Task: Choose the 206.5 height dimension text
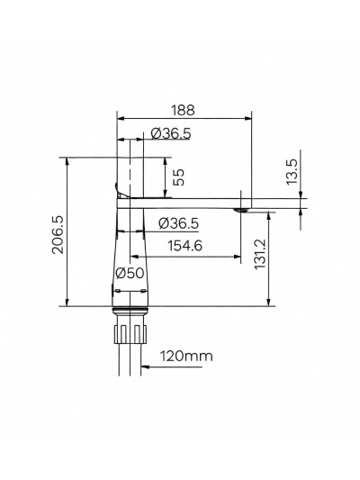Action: coord(57,233)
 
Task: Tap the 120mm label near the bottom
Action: coord(186,357)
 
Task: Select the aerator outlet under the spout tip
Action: coord(240,210)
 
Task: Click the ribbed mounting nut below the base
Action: coord(129,332)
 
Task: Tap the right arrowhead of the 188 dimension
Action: coord(247,118)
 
